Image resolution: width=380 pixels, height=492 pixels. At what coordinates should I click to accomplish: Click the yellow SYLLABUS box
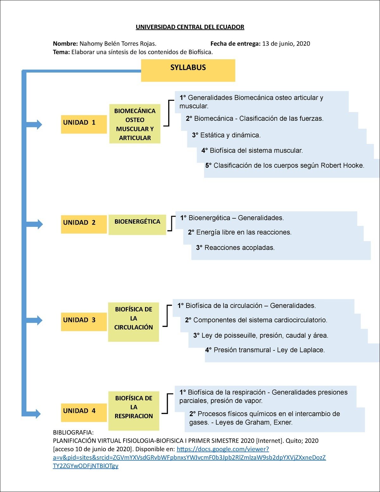[x=188, y=70]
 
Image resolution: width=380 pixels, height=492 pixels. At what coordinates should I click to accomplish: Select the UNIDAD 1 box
[x=84, y=124]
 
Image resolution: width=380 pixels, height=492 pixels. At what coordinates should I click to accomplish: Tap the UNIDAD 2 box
[x=84, y=224]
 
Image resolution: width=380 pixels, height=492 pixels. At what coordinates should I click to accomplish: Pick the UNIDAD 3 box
[x=84, y=322]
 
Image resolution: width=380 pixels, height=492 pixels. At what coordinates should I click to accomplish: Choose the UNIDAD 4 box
[x=84, y=412]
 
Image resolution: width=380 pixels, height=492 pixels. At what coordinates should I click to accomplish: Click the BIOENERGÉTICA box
[x=137, y=224]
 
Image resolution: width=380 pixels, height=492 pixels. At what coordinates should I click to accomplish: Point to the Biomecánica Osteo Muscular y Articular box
[x=135, y=124]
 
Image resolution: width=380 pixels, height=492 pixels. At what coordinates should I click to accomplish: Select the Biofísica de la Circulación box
[x=133, y=322]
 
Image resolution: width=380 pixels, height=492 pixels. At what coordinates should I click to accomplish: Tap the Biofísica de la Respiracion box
[x=134, y=411]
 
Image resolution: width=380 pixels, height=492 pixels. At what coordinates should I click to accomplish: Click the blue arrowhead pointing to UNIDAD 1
[x=39, y=125]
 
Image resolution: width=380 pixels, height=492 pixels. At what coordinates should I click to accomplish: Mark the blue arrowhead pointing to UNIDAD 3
[x=39, y=320]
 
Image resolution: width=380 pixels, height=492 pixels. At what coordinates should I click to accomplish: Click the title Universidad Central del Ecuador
[x=190, y=27]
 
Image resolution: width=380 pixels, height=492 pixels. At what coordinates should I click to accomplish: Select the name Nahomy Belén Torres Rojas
[x=117, y=44]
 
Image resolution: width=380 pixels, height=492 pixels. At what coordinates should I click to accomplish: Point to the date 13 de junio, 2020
[x=286, y=44]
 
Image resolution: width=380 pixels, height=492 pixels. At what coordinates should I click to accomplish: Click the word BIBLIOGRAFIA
[x=73, y=432]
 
